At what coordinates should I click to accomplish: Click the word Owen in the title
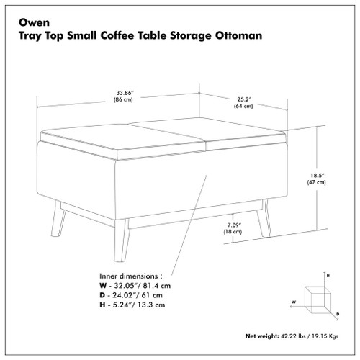coord(33,19)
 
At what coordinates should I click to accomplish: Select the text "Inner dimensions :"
coord(129,274)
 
